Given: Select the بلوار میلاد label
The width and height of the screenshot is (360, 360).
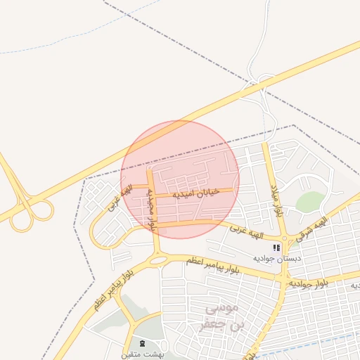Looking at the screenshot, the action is [x=276, y=200].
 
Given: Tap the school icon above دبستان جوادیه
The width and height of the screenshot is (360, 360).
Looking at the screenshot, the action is [x=276, y=247].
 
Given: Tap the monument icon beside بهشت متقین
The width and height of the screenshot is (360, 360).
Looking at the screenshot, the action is [x=143, y=343].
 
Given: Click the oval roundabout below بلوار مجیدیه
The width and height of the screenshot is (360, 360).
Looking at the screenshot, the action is [x=159, y=260].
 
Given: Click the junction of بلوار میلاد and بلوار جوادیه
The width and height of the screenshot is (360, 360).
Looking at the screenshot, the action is [x=284, y=280].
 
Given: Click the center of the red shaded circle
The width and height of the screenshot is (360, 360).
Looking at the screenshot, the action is [x=180, y=179].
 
